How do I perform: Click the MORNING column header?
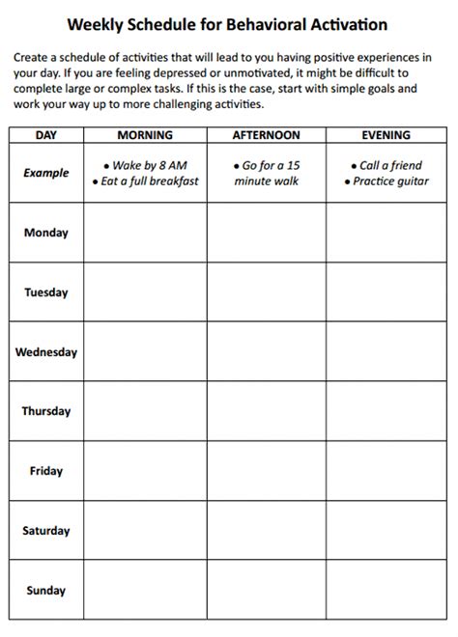click(144, 136)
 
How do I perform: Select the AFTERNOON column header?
click(266, 136)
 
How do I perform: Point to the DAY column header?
click(46, 136)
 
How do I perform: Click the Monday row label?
click(46, 233)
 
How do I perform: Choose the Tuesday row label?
click(46, 292)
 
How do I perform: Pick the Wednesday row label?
click(46, 352)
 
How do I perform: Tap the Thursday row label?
click(46, 411)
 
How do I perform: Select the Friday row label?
click(46, 471)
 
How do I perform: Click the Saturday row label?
click(46, 531)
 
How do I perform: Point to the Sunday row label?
click(46, 591)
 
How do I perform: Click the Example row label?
click(46, 174)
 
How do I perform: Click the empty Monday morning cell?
click(144, 233)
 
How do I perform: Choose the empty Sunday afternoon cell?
click(266, 591)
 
